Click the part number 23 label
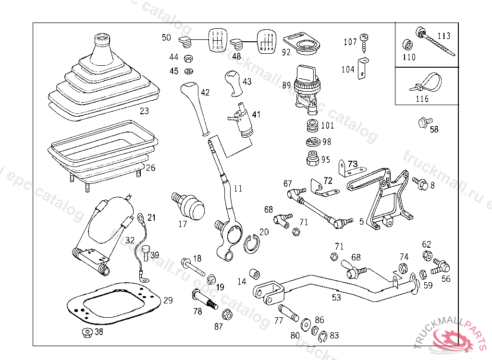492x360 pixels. tap(144, 111)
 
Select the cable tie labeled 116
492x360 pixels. tap(427, 82)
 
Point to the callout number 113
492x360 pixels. tap(444, 36)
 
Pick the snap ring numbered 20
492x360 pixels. tap(252, 243)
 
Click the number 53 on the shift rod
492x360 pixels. tap(336, 298)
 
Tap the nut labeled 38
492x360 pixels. tap(86, 333)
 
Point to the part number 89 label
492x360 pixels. tap(286, 85)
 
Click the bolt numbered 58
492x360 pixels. tap(424, 122)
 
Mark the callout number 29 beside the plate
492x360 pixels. tap(168, 300)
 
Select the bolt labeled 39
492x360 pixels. tap(146, 252)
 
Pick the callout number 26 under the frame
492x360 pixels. tap(151, 168)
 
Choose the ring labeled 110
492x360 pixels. tap(407, 46)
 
